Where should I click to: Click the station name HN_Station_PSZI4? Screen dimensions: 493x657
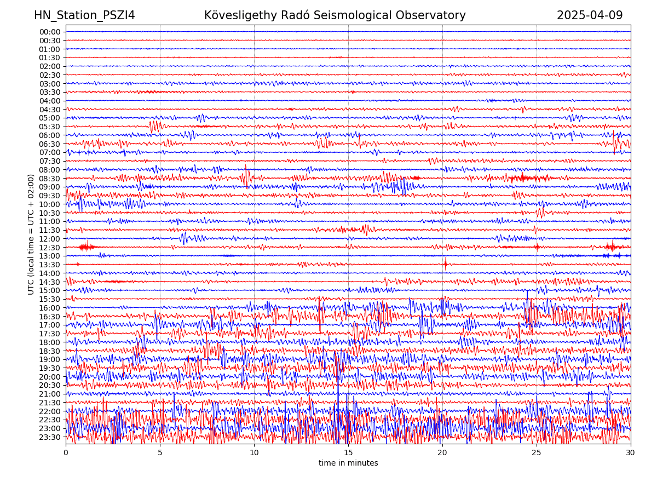click(84, 15)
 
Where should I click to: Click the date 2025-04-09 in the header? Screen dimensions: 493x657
click(590, 15)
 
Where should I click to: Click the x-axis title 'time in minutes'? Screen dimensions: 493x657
click(348, 463)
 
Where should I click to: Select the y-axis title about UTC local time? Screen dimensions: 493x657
click(31, 234)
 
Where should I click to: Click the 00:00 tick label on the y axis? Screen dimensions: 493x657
click(50, 32)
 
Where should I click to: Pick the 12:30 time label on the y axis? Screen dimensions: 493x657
click(50, 248)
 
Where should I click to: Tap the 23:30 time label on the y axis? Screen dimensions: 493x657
click(50, 437)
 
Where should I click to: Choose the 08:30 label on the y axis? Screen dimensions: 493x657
click(50, 179)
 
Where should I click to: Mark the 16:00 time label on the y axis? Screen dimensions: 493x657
click(50, 308)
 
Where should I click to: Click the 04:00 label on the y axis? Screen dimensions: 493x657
click(50, 101)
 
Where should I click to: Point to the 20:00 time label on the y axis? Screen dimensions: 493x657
click(50, 377)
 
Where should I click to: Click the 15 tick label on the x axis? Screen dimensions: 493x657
click(348, 452)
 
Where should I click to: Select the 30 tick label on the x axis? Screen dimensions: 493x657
click(631, 452)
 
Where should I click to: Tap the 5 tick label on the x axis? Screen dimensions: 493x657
click(160, 452)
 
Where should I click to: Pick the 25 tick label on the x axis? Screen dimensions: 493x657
click(537, 452)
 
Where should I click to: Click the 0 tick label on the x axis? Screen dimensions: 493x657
click(66, 452)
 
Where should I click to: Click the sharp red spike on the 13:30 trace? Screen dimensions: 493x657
click(445, 264)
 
